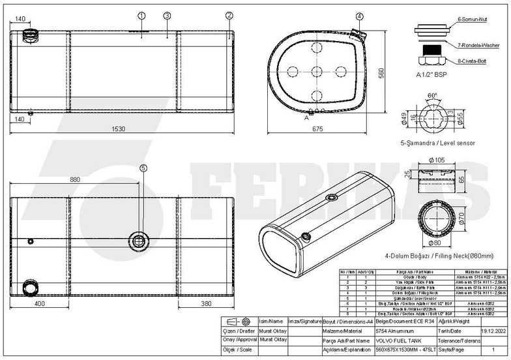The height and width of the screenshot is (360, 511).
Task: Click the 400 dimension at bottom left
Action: point(38,305)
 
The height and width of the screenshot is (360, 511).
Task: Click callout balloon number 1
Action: point(141,15)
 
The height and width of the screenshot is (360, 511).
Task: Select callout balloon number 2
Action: point(229,15)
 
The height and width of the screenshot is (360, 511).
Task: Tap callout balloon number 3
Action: point(167,15)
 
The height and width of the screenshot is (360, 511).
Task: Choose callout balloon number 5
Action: point(143,168)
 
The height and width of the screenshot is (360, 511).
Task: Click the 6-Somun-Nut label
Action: point(475,20)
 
